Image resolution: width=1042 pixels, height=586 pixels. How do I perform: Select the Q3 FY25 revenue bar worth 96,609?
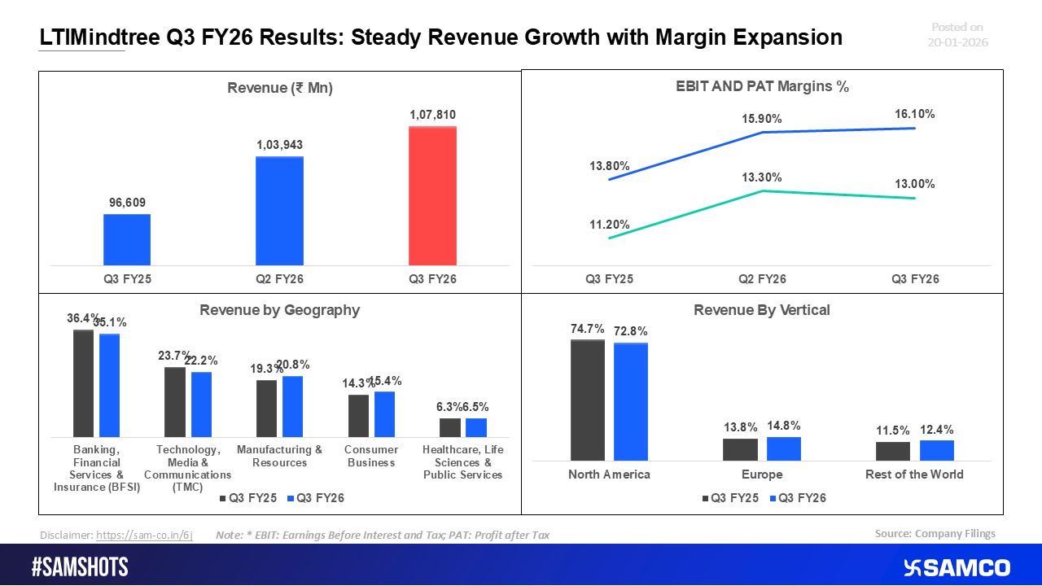coord(127,239)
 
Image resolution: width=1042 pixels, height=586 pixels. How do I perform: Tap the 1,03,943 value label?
coord(279,145)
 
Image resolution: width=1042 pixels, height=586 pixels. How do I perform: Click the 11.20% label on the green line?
coord(610,225)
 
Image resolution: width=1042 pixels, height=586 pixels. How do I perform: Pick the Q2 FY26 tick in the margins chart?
coord(762,278)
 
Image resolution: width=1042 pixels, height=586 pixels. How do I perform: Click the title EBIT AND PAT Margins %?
coord(762,87)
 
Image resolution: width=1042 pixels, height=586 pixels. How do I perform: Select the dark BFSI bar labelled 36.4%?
coord(83,383)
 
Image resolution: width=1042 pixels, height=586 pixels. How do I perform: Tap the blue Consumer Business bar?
coord(384,414)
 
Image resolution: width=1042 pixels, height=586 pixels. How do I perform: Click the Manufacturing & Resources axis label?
coord(279,456)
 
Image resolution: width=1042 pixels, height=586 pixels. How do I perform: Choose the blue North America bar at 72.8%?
coord(631,402)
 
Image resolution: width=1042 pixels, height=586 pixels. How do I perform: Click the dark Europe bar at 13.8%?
coord(740,449)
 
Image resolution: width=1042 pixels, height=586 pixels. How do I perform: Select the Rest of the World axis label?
coord(914,474)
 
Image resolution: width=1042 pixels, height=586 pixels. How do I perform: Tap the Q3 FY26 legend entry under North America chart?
coord(797,498)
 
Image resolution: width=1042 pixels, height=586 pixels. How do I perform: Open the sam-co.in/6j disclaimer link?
coord(144,535)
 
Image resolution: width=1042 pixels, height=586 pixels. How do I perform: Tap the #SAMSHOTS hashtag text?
coord(80,567)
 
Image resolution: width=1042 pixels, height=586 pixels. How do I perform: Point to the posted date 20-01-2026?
coord(957,42)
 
